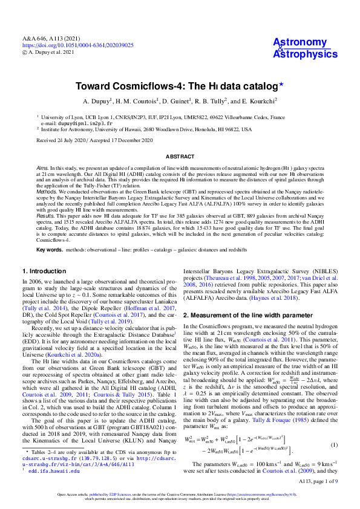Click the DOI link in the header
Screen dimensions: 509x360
78,45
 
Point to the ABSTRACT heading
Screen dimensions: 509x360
180,156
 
